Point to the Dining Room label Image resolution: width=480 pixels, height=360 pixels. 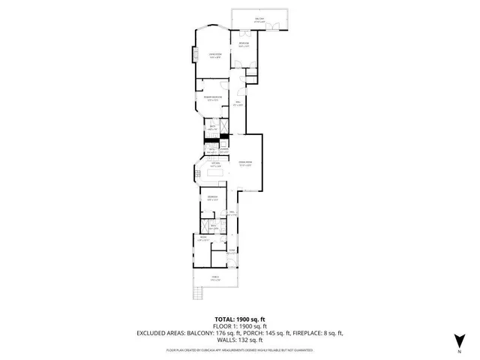(244, 163)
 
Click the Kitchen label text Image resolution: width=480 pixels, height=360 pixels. (214, 163)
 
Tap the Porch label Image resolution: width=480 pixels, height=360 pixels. (216, 278)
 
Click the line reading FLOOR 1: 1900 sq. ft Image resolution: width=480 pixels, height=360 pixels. (240, 326)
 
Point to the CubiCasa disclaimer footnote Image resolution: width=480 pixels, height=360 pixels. (240, 350)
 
